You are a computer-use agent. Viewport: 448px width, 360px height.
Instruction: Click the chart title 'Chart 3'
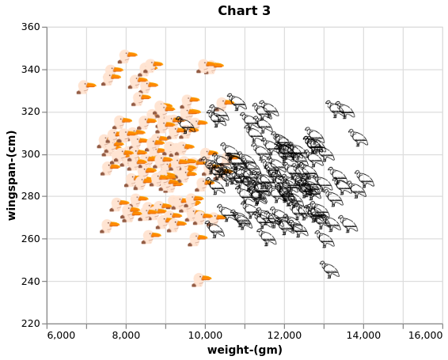pyautogui.click(x=244, y=11)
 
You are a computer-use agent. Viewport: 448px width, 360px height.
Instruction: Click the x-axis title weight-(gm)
pyautogui.click(x=245, y=350)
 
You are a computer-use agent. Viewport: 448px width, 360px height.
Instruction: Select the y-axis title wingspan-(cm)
pyautogui.click(x=11, y=176)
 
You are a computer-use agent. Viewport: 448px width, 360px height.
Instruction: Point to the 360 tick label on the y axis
pyautogui.click(x=30, y=27)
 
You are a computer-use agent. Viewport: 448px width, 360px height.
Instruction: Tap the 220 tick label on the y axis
pyautogui.click(x=30, y=324)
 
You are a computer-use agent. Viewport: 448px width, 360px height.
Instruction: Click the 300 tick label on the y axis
pyautogui.click(x=30, y=154)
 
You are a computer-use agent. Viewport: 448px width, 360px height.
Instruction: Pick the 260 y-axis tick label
pyautogui.click(x=30, y=239)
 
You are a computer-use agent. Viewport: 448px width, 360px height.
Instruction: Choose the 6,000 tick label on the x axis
pyautogui.click(x=61, y=335)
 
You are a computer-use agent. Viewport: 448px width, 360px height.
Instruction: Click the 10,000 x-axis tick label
pyautogui.click(x=205, y=335)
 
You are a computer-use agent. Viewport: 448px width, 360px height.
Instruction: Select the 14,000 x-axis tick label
pyautogui.click(x=363, y=335)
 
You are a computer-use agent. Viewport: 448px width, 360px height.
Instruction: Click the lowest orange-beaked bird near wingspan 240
pyautogui.click(x=201, y=280)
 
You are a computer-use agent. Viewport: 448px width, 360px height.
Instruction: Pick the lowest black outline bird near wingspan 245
pyautogui.click(x=329, y=270)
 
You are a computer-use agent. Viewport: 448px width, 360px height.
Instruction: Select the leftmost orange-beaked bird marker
pyautogui.click(x=86, y=87)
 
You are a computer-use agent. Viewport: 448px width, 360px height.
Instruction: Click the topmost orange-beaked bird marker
pyautogui.click(x=127, y=57)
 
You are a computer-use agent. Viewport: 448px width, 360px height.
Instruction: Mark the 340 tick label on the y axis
pyautogui.click(x=30, y=70)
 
